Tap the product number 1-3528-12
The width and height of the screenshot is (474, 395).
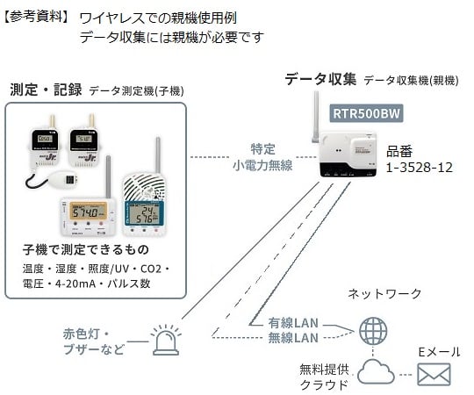click(x=420, y=166)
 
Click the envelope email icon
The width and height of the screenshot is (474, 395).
click(x=432, y=375)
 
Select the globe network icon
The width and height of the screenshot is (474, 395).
click(x=375, y=331)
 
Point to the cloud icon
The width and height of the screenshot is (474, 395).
click(x=378, y=371)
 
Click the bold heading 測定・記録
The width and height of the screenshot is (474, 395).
click(x=46, y=90)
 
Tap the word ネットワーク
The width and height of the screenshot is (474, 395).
click(x=384, y=293)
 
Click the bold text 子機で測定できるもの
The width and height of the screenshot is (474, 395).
click(x=89, y=249)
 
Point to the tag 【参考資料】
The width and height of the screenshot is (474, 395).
click(x=35, y=17)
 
